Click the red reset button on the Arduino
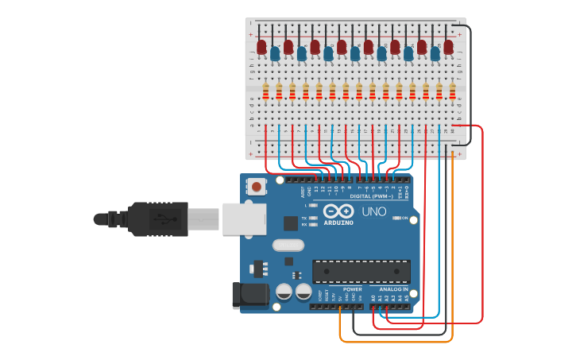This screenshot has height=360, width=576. [x=257, y=187]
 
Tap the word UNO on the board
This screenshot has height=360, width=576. [x=374, y=212]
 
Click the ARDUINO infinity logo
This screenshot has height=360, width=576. [x=338, y=212]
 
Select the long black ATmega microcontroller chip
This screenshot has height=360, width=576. [x=361, y=272]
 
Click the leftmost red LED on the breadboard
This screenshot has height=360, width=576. [x=261, y=47]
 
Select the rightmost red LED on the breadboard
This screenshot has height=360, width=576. [x=448, y=47]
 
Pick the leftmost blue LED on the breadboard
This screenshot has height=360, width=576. [x=275, y=53]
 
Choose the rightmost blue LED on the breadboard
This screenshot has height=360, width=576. [x=435, y=53]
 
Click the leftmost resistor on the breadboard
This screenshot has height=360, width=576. [x=265, y=91]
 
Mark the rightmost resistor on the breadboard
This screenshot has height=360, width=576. [x=452, y=91]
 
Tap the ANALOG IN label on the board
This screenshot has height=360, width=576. [x=393, y=289]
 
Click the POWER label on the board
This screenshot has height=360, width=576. [x=352, y=289]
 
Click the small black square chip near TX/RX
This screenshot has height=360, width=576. [x=291, y=223]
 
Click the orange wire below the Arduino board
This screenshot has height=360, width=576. [x=397, y=341]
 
